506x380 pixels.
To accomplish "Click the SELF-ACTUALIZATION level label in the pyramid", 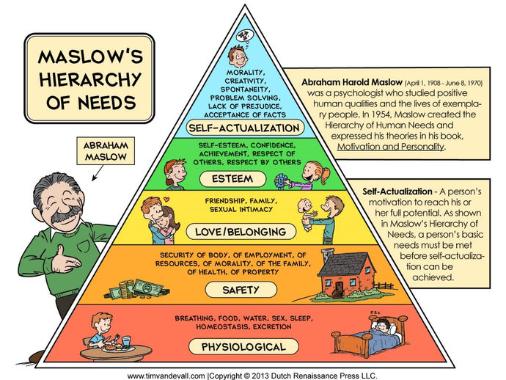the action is tap(245, 128).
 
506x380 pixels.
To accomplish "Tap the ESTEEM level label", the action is tap(232, 179).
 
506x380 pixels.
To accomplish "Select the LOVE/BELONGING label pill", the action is tap(241, 232).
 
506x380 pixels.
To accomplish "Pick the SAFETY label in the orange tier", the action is tap(241, 290).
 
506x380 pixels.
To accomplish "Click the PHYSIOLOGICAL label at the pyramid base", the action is tap(243, 347).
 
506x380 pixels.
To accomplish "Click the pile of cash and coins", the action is tap(137, 289).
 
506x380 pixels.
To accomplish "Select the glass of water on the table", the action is tap(126, 343).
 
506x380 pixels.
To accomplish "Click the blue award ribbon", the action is tap(282, 182).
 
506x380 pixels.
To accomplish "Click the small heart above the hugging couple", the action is tap(166, 200).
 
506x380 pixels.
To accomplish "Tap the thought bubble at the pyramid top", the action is tap(245, 36).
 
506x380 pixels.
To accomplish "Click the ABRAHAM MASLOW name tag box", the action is tap(106, 151).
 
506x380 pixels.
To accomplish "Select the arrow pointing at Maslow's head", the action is tap(98, 172).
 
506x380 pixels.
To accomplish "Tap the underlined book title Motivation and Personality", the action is tap(390, 147).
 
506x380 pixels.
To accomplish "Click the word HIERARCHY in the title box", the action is tap(90, 79).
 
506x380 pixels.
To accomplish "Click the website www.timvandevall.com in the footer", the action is tap(166, 376).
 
